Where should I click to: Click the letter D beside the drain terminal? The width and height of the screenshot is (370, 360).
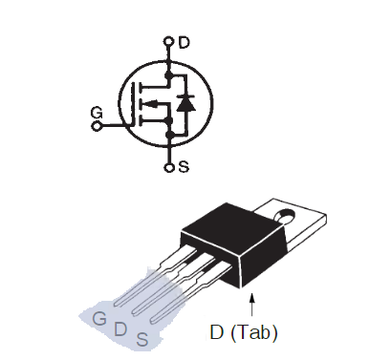click(185, 42)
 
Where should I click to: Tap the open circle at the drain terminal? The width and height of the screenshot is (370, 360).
click(168, 41)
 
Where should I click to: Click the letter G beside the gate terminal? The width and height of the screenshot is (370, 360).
click(97, 113)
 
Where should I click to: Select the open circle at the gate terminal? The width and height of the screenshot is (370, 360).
click(97, 126)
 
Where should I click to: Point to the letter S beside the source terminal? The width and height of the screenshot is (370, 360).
click(184, 166)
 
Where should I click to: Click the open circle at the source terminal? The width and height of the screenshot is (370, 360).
click(169, 167)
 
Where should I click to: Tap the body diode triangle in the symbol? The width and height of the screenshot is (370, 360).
click(186, 104)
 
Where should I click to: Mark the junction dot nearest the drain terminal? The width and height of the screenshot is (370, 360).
click(168, 75)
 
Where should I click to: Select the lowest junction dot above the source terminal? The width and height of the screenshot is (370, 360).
click(170, 135)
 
